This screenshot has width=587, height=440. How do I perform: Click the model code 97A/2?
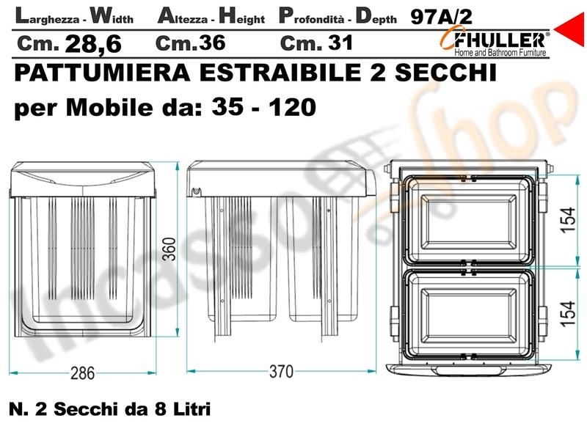tap(442, 16)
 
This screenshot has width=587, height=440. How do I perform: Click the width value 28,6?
tap(93, 44)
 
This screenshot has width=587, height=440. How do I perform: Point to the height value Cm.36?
tap(191, 43)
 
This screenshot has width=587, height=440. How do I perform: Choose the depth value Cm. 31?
tap(316, 43)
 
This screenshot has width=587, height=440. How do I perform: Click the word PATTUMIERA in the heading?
tap(102, 72)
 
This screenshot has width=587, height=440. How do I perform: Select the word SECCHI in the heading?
tap(445, 72)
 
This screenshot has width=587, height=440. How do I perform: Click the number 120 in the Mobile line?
tap(292, 107)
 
